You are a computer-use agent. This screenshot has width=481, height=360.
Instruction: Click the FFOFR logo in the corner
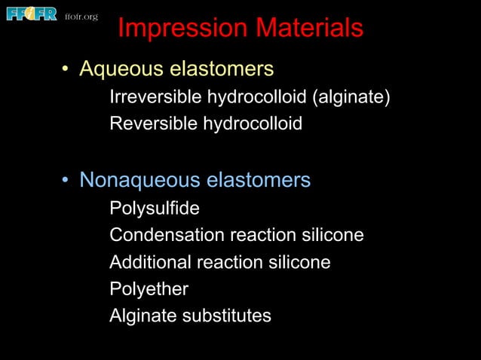pyautogui.click(x=31, y=14)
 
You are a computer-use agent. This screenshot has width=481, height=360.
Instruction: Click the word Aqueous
pyautogui.click(x=121, y=70)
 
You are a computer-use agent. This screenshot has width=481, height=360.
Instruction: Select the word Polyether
pyautogui.click(x=149, y=289)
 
